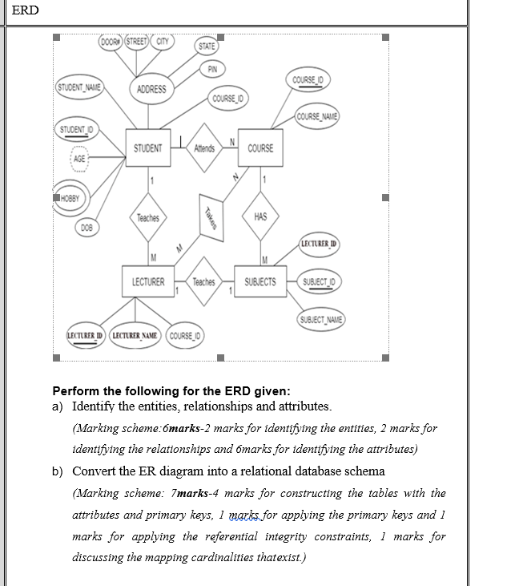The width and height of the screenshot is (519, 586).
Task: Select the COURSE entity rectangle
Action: click(x=260, y=148)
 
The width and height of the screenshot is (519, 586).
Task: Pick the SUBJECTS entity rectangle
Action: click(x=259, y=282)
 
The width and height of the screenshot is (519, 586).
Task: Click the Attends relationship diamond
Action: click(x=204, y=148)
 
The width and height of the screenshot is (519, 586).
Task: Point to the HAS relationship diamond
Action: click(x=260, y=217)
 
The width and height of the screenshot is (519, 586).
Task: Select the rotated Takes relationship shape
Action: click(x=209, y=215)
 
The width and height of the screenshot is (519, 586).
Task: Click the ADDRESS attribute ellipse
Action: click(x=151, y=89)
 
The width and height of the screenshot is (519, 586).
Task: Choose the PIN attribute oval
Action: click(x=211, y=70)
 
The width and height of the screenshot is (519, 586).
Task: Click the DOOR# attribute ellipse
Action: click(x=111, y=42)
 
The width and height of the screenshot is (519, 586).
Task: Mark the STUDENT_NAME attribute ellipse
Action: click(x=78, y=87)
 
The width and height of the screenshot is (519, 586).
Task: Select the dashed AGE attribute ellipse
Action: click(x=79, y=158)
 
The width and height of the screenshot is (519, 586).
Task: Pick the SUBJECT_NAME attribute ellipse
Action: click(x=320, y=319)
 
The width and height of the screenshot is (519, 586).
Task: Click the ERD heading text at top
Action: click(x=26, y=10)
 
